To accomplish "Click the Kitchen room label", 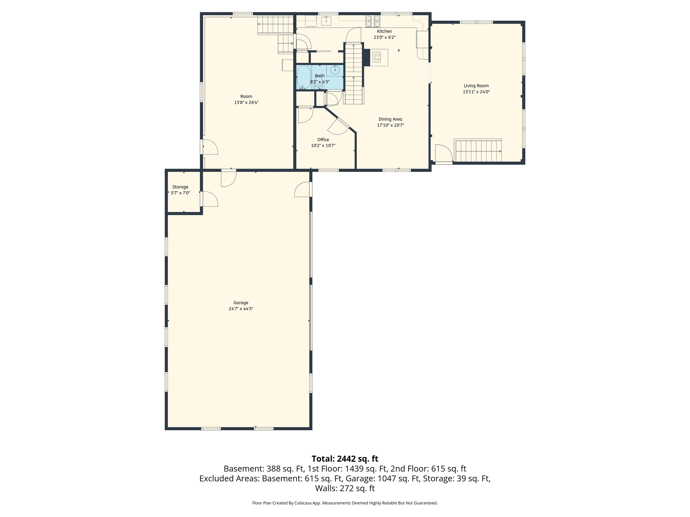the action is pos(384,31).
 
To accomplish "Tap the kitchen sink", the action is pos(326,21).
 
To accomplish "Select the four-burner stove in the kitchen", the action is pos(373,21).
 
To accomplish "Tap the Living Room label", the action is pos(476,86).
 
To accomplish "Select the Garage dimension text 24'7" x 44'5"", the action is pos(241,309).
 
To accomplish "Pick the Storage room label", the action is pos(180,187).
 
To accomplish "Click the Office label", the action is pos(323,140).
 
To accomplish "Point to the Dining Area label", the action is pos(390,119).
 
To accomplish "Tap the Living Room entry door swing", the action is pos(444,153).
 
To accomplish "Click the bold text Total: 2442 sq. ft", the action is pos(345,459).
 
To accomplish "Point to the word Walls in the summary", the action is pos(326,488).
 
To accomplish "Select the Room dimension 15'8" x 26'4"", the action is pos(246,103).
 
